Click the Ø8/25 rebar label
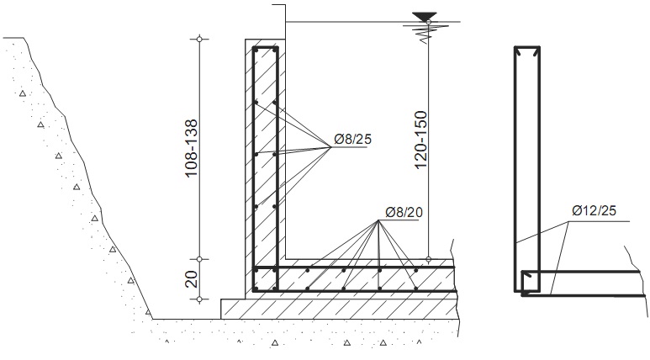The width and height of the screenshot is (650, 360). tap(352, 140)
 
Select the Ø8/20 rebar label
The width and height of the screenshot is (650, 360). tap(404, 212)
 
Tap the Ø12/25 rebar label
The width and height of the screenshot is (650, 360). tap(594, 210)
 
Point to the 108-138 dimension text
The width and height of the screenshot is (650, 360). tap(191, 149)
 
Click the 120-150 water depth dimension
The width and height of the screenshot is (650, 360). tap(420, 140)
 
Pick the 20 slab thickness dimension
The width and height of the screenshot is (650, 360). tap(191, 279)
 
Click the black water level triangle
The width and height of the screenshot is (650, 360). tap(425, 17)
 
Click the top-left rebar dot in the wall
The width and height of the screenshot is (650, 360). tap(256, 50)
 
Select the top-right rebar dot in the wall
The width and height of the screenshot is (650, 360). tap(274, 50)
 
